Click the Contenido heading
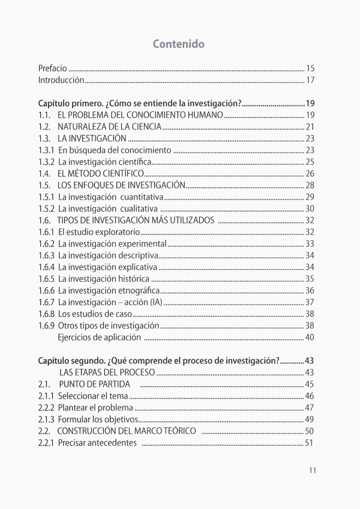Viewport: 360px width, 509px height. coord(179,44)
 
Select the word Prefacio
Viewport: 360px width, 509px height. coord(53,68)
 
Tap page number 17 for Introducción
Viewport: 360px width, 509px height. coord(310,80)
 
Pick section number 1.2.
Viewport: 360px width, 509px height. coord(44,127)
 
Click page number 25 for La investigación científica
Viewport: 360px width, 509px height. coord(310,162)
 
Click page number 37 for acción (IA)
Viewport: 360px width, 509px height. coord(310,302)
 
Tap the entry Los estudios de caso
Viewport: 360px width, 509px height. coord(95,314)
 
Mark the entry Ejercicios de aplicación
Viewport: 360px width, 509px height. coord(99,337)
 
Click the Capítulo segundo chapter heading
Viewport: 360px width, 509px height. coord(159,360)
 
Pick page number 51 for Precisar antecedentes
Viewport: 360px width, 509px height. coord(310,443)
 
